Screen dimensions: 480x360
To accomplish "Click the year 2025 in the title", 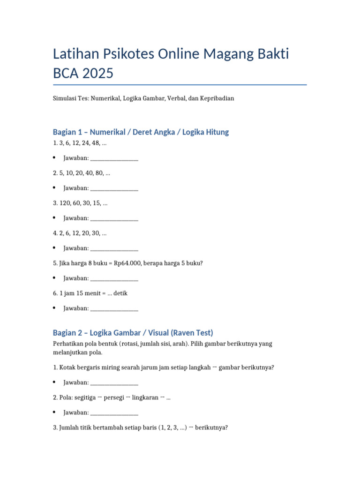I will [97, 74].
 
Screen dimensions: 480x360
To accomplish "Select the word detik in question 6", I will [120, 293].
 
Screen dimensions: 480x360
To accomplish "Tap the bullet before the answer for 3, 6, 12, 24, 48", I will [55, 158].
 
